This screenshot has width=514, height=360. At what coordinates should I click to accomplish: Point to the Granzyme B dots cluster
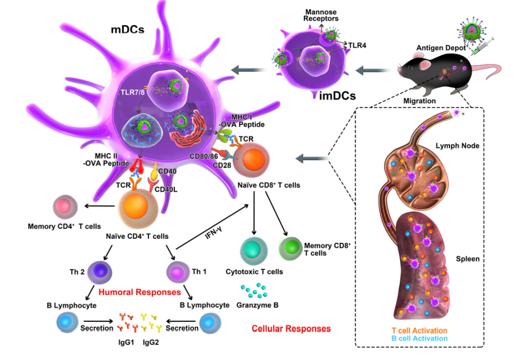coord(255,290)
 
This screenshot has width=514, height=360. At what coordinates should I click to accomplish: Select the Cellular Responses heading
coord(291,329)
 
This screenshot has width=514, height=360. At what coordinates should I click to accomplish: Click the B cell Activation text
coord(420,339)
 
